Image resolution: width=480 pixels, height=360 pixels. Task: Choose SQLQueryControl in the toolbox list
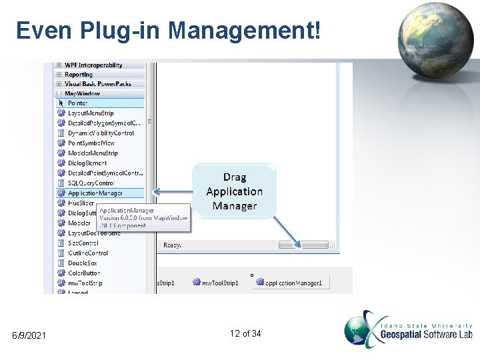(91, 183)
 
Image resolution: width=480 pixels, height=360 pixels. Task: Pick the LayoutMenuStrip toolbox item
(91, 113)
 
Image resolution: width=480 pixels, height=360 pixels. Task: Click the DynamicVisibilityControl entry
(101, 133)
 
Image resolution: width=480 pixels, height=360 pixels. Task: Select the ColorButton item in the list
(84, 273)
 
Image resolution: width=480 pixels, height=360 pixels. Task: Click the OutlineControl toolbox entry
(88, 253)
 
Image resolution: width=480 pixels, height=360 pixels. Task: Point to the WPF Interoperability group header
(93, 65)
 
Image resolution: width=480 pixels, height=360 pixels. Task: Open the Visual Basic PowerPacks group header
(98, 84)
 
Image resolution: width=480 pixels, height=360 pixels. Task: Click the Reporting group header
(79, 75)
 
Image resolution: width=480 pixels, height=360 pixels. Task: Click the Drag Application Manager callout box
(234, 191)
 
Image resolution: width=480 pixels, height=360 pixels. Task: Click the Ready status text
(173, 245)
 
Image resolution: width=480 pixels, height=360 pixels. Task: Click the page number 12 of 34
(245, 333)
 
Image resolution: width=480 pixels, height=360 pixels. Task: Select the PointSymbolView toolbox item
(91, 143)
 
